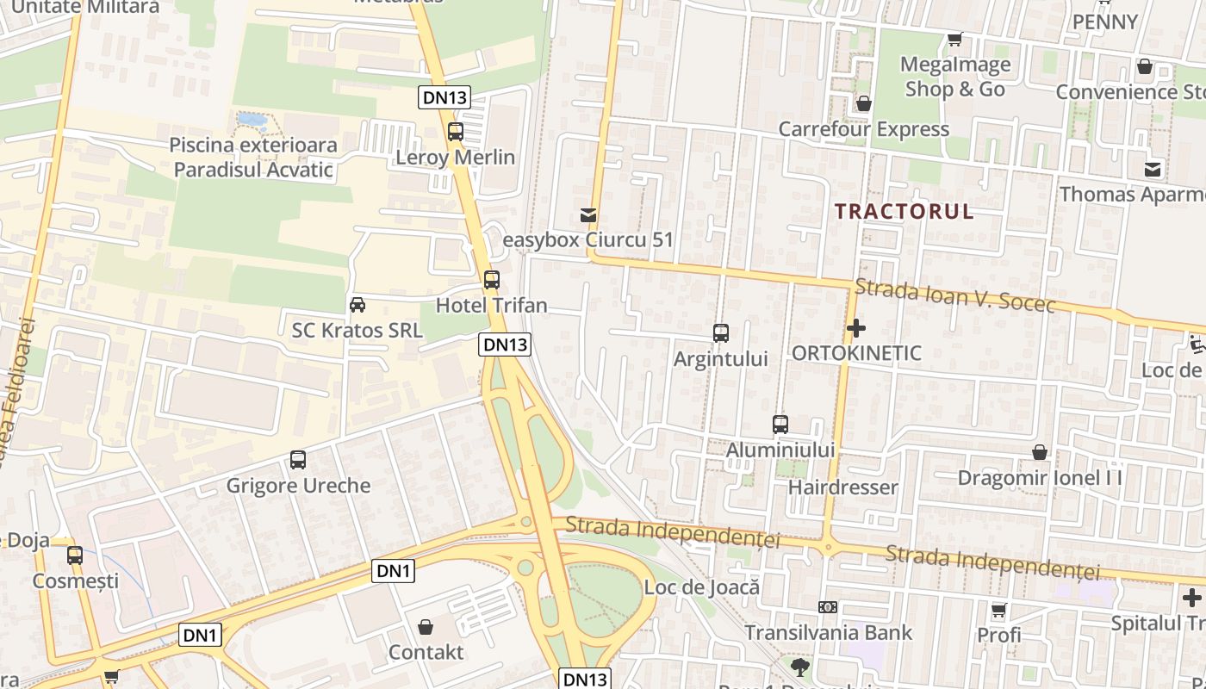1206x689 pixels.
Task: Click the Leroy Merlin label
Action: pos(455,158)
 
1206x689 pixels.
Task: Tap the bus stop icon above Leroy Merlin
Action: pos(456,132)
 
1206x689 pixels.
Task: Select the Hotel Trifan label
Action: pos(491,305)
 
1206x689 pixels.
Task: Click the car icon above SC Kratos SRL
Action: pos(357,305)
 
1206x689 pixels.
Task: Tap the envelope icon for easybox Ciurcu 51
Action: pos(588,215)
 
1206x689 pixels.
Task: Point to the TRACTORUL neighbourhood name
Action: pos(904,212)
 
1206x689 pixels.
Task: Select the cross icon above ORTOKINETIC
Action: pos(856,328)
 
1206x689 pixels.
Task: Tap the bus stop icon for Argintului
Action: pos(721,333)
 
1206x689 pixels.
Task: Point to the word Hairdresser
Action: pos(843,487)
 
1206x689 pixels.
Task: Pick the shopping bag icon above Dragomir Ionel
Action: pos(1040,452)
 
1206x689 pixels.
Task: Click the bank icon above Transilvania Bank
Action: pos(828,607)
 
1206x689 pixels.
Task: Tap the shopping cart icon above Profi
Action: pos(998,611)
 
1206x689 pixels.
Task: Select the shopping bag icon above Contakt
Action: pos(426,627)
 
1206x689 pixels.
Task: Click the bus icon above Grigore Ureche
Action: pos(298,460)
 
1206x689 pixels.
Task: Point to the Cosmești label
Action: pos(76,580)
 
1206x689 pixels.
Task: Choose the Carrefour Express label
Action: pos(863,129)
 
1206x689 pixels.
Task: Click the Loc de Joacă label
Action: pos(702,587)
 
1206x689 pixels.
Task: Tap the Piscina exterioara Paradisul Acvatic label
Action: pos(253,157)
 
